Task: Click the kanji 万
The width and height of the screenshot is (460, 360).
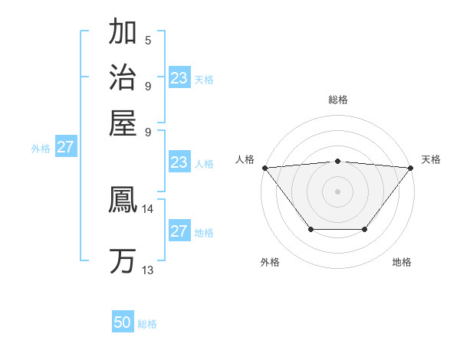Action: click(123, 260)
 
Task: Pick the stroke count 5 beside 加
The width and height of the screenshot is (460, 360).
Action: click(148, 40)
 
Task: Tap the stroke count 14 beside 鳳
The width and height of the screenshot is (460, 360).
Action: click(148, 208)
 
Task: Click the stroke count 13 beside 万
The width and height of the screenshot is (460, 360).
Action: click(148, 270)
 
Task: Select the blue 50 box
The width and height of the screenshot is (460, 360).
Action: click(123, 322)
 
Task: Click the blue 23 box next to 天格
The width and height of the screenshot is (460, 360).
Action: click(179, 78)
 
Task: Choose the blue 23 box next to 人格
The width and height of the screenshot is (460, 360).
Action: click(179, 162)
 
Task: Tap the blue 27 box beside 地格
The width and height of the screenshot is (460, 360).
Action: click(179, 231)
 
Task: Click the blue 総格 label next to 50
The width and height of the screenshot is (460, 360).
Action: click(147, 324)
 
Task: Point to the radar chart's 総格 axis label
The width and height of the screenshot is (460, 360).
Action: click(337, 100)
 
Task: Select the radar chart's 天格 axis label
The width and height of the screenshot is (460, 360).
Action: click(431, 159)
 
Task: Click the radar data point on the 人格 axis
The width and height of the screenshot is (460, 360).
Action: click(264, 168)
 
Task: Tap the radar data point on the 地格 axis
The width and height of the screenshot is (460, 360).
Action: click(365, 229)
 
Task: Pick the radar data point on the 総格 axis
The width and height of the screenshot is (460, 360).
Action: click(337, 161)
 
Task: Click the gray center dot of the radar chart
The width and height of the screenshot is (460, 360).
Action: click(337, 191)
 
